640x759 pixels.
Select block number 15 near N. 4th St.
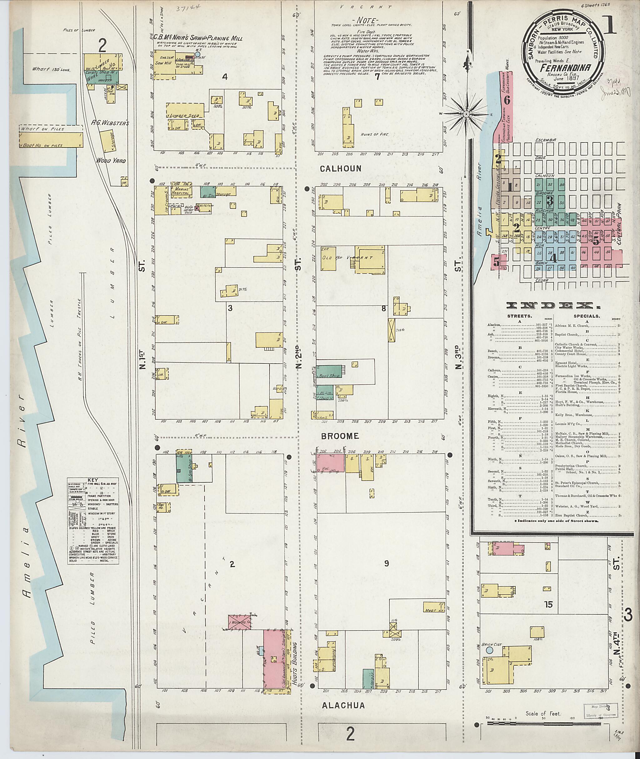548,604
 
